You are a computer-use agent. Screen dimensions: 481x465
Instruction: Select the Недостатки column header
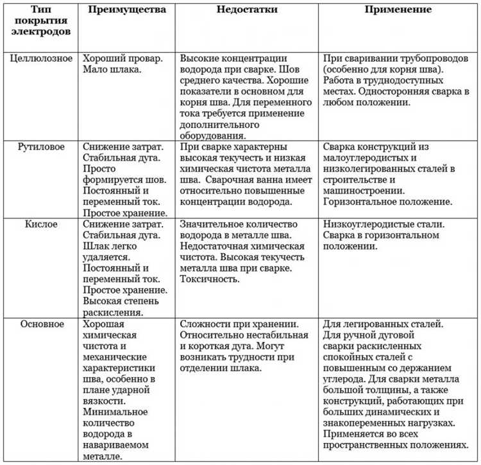point(246,10)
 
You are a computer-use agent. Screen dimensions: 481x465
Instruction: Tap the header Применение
point(398,10)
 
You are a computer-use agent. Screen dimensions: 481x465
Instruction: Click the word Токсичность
point(210,279)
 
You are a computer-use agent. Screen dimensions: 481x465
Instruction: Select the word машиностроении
point(364,191)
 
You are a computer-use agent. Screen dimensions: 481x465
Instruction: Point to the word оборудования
point(212,136)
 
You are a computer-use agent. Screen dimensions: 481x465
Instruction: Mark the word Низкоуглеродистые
point(368,224)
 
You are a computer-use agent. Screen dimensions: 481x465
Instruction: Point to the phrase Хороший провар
point(121,57)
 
